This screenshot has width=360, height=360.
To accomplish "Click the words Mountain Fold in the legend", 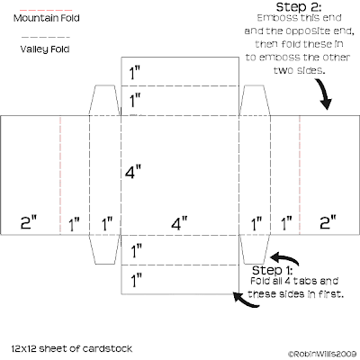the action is [47, 18].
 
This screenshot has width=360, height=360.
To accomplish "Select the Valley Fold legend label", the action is [45, 49].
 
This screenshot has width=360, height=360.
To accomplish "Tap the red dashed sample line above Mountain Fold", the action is [46, 10].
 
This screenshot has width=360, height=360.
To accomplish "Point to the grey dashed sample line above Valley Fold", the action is [46, 38].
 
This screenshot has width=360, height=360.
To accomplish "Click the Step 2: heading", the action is [299, 7].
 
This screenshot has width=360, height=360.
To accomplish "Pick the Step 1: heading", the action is [272, 270].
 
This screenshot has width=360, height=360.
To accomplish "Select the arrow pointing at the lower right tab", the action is [285, 258].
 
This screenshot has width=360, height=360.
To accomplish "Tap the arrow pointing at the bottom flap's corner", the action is [246, 301].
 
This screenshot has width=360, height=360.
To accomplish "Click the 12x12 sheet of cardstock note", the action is [72, 348].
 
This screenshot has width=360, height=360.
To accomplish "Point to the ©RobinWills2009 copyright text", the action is [322, 354].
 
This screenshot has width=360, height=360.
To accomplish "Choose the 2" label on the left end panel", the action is [29, 222].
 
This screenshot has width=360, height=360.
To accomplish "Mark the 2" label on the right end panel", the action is [328, 222].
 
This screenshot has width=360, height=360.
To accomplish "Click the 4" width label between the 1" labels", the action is [179, 223].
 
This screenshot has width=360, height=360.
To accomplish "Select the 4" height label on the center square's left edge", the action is [133, 172].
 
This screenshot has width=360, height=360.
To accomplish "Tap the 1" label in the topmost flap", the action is [135, 73].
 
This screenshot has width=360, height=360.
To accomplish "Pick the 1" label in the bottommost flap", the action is [136, 281].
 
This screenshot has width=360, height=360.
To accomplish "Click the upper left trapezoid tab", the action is [105, 100].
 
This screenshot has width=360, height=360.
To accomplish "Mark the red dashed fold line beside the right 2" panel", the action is [300, 175].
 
